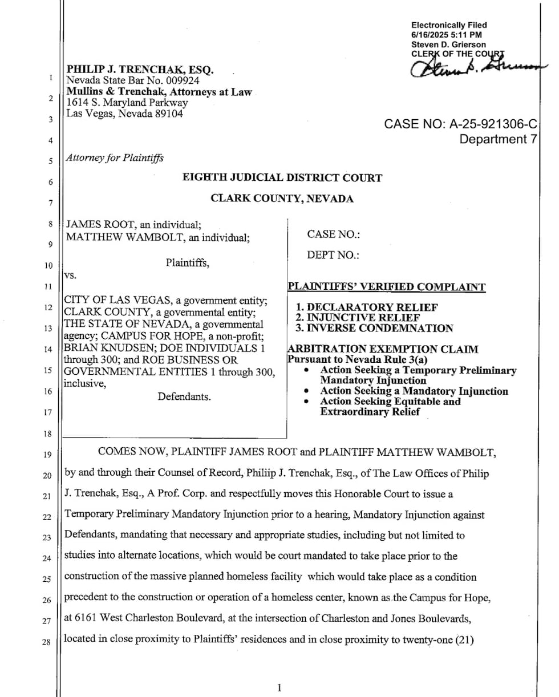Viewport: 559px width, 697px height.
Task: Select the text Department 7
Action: [x=499, y=139]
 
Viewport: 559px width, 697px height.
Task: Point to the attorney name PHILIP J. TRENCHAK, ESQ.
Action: [x=140, y=70]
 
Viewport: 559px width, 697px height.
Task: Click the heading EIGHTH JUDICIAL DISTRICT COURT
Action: [x=282, y=178]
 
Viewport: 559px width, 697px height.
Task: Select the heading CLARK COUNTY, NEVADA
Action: [x=282, y=198]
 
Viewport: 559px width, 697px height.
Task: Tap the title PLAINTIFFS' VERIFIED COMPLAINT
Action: [x=387, y=286]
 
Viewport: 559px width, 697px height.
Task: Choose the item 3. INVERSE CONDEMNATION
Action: [x=374, y=328]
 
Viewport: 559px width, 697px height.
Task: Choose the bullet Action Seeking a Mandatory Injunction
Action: [x=414, y=391]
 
